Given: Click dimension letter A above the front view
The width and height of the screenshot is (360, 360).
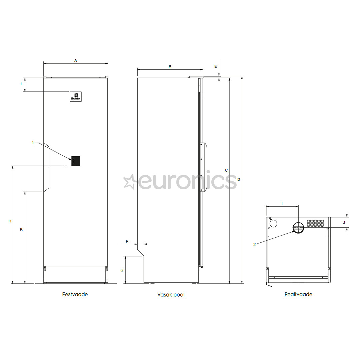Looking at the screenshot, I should (x=76, y=60).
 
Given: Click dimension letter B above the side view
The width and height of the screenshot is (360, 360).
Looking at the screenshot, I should (x=170, y=67).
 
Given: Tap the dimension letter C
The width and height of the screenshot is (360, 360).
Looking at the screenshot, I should (x=226, y=170).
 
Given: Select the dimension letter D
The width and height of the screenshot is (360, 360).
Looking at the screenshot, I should (x=239, y=179).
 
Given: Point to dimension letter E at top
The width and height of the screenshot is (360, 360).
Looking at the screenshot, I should (x=216, y=66).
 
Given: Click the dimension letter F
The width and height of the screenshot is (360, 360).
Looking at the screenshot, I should (x=127, y=241).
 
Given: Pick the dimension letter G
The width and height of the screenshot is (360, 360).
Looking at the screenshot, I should (x=122, y=270).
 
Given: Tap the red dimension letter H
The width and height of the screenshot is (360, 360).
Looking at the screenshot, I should (x=10, y=221).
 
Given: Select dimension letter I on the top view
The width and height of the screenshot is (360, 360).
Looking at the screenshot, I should (x=282, y=203).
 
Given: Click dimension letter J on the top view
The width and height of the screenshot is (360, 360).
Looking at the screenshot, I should (x=344, y=222).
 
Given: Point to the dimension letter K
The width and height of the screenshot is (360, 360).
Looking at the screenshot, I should (x=22, y=229).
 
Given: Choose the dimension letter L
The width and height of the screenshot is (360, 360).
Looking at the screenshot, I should (x=22, y=84).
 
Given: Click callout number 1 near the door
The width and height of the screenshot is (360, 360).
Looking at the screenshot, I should (x=33, y=143).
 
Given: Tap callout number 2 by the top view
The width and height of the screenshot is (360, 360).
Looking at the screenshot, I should (x=255, y=244).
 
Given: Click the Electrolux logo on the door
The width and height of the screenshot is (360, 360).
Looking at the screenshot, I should (x=76, y=96).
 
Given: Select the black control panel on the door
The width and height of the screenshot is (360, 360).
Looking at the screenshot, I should (x=76, y=161).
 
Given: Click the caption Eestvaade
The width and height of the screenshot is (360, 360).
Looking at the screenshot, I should (x=75, y=294).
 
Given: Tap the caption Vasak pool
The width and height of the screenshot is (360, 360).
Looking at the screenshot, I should (x=171, y=295).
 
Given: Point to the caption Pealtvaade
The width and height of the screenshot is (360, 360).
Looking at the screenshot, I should (x=298, y=294).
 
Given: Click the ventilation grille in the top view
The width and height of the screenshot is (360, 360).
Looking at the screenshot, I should (x=315, y=223).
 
